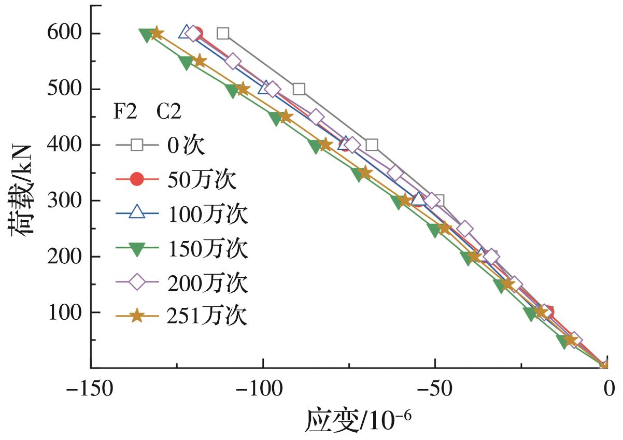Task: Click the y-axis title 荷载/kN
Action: (x=22, y=190)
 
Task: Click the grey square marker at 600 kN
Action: (x=223, y=34)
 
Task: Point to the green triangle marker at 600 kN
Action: (x=147, y=34)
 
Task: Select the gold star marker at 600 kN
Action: (x=156, y=34)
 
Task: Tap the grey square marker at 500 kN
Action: (x=299, y=89)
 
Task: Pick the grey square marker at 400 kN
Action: (x=371, y=145)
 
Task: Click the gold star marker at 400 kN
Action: (x=325, y=145)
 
